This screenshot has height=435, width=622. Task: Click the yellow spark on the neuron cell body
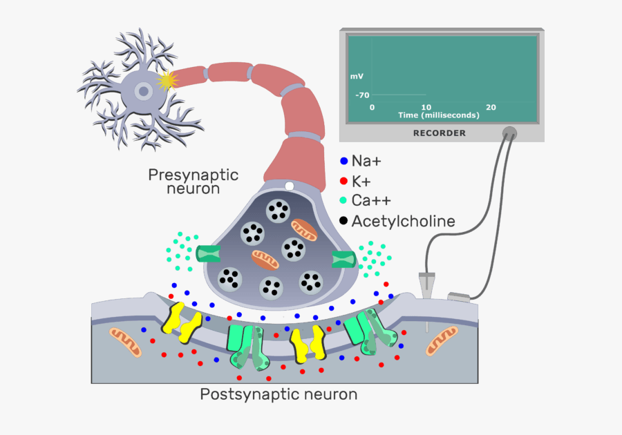[167, 81]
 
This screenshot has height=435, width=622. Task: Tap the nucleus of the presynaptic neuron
[143, 90]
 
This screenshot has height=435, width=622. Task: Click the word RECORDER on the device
[439, 133]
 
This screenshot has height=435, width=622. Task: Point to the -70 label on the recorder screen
[362, 95]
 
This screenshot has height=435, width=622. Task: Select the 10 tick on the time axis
[426, 107]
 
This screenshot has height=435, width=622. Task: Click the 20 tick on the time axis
[491, 107]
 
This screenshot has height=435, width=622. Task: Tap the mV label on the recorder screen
[357, 77]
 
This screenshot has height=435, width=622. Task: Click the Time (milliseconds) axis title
[439, 115]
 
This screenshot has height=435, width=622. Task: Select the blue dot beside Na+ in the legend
[343, 162]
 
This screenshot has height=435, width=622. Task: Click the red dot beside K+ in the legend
[343, 182]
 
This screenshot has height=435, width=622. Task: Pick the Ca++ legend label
[371, 201]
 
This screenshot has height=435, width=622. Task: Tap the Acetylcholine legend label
[404, 222]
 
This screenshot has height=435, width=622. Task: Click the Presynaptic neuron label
[193, 181]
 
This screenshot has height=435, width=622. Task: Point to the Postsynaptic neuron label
[279, 395]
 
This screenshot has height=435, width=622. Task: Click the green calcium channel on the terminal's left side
[208, 254]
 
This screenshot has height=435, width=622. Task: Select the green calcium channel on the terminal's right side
[343, 260]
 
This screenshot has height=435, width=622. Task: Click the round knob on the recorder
[509, 133]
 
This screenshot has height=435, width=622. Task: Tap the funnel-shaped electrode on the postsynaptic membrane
[426, 284]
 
